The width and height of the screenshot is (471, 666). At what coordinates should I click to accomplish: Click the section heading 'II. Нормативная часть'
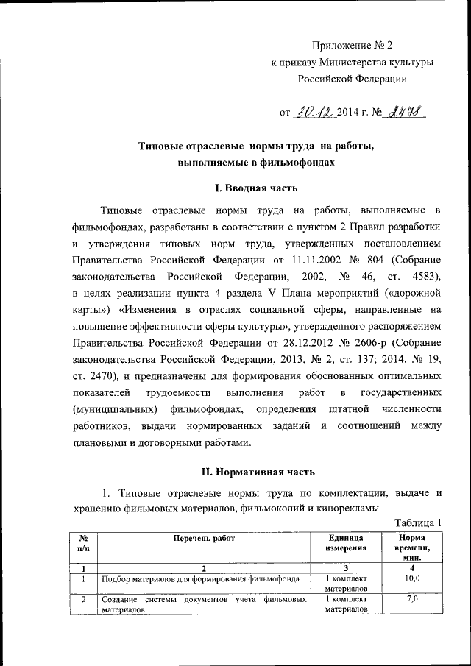coord(256,470)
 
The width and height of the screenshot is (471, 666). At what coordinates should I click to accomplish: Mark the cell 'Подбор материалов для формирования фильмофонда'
coord(200,580)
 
